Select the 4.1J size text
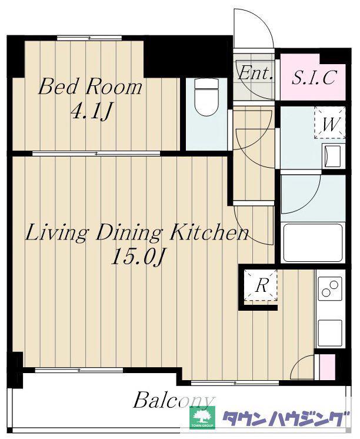tap(91, 111)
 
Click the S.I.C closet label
tap(314, 77)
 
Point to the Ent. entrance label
tap(255, 74)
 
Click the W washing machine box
tap(330, 123)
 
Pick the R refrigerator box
tap(261, 285)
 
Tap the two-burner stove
tap(330, 289)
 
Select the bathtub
tap(313, 242)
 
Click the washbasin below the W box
tap(332, 156)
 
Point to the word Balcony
tap(174, 401)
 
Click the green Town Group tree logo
tap(202, 418)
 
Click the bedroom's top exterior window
tap(89, 38)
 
